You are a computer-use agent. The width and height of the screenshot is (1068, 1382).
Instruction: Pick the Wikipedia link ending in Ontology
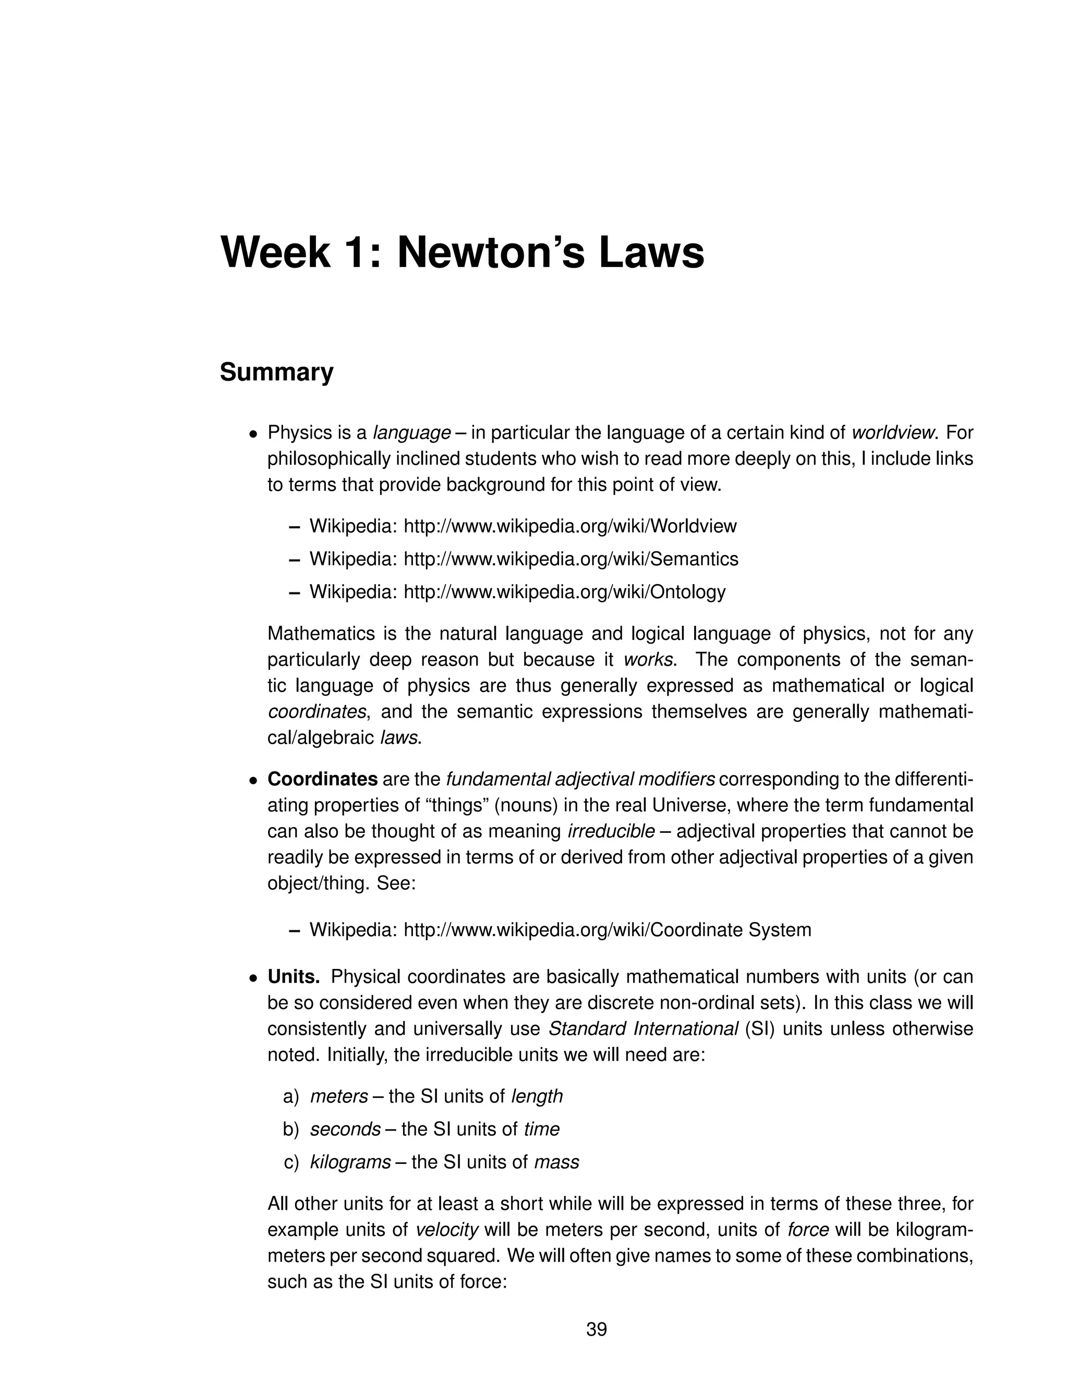click(x=564, y=592)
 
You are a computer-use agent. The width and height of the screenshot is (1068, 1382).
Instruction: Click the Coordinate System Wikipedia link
click(x=607, y=929)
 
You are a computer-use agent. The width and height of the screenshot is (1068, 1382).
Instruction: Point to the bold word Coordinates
click(x=322, y=779)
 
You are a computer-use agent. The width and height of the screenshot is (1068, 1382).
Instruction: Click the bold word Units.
click(x=294, y=976)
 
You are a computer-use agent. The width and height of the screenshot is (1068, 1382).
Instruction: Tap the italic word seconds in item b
click(x=345, y=1129)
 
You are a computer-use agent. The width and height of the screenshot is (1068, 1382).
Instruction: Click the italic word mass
click(x=557, y=1162)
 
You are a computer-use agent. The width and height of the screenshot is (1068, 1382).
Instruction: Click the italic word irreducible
click(x=611, y=831)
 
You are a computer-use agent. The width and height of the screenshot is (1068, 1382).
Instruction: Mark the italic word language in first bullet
click(x=412, y=433)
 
